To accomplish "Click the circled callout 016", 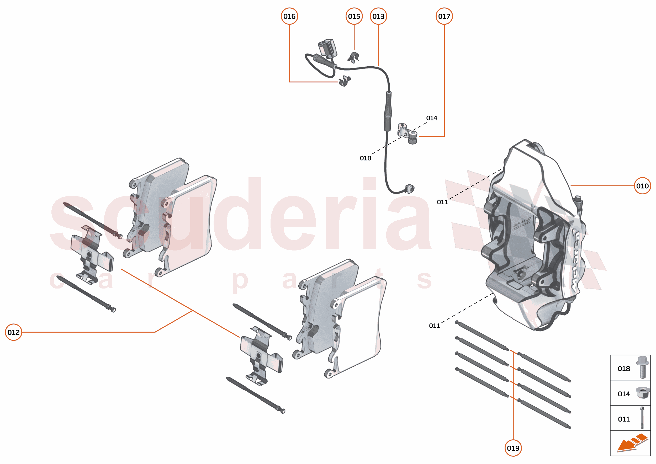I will point(289,16).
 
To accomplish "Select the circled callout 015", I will point(354,16).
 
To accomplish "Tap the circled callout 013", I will point(378,16).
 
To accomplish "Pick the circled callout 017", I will point(444,16).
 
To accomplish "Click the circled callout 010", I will point(642,186).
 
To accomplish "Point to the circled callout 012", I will point(13,332).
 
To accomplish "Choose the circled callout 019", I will point(513,448).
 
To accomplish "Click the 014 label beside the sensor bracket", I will point(431,118).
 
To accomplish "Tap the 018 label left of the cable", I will point(365,158).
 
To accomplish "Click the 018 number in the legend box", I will point(624,369).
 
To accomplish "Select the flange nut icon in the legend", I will point(642,393).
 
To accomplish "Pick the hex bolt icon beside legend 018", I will point(643,367).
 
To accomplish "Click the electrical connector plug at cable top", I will point(327,48).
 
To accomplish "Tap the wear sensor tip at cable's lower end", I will point(409,189).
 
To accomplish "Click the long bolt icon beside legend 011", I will point(642,418).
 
